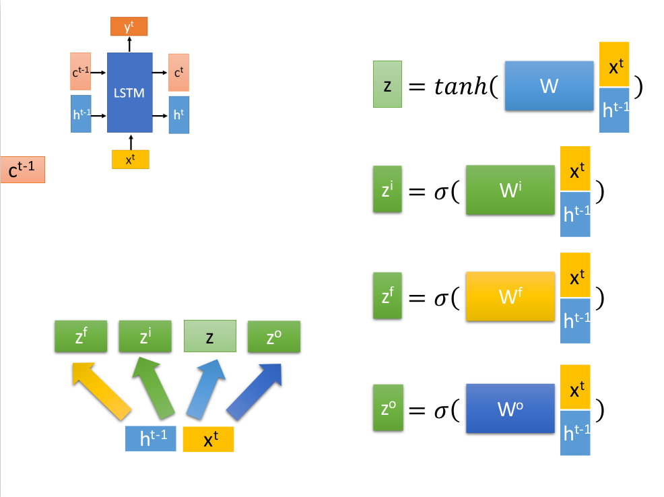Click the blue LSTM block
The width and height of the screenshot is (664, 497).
(129, 92)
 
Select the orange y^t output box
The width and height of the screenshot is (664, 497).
(129, 27)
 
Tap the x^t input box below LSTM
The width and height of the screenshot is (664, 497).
(130, 160)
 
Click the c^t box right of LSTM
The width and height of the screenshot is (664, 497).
(178, 72)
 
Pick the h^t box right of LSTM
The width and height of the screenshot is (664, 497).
(178, 114)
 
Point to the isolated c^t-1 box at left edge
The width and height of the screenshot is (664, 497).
(23, 170)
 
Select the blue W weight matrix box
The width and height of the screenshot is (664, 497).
(549, 86)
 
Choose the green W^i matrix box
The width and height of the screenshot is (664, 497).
(510, 191)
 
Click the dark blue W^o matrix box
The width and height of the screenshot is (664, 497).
(510, 408)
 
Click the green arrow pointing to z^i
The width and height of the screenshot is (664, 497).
(157, 387)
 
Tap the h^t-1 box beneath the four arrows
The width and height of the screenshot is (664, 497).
(150, 439)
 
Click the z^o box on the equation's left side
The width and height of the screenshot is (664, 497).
(387, 408)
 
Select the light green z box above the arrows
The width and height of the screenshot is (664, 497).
(210, 337)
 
